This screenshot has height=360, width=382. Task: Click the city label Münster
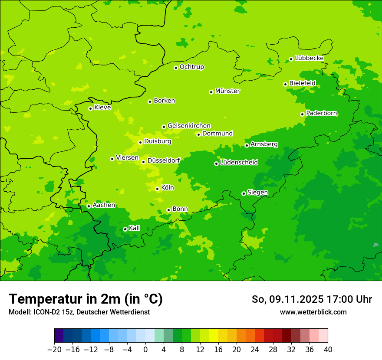(x=227, y=91)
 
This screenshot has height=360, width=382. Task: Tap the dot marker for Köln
(x=157, y=189)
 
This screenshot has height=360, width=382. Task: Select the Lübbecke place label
(x=309, y=58)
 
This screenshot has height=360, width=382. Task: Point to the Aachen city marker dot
(x=89, y=206)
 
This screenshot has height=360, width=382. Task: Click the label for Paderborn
(x=321, y=113)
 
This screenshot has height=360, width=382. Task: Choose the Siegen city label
(x=257, y=193)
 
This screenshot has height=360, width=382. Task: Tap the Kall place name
(x=135, y=228)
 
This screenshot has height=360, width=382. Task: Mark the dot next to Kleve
(x=90, y=108)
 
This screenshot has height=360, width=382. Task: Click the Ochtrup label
(x=192, y=67)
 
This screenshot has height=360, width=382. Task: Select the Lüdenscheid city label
(x=239, y=163)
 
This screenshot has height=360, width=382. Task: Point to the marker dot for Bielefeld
(x=285, y=84)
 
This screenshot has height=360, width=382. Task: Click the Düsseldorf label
(x=164, y=160)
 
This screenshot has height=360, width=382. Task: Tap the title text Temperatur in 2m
(x=86, y=299)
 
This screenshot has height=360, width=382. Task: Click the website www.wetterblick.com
(x=313, y=312)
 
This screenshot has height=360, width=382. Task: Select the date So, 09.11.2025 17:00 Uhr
(x=312, y=299)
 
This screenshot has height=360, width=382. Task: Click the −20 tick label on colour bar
(x=54, y=350)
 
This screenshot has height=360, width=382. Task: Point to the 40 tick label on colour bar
(x=328, y=350)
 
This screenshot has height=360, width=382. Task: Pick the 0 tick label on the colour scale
(x=145, y=350)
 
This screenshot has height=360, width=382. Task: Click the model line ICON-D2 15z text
(x=79, y=312)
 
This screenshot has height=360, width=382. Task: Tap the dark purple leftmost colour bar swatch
(x=59, y=336)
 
